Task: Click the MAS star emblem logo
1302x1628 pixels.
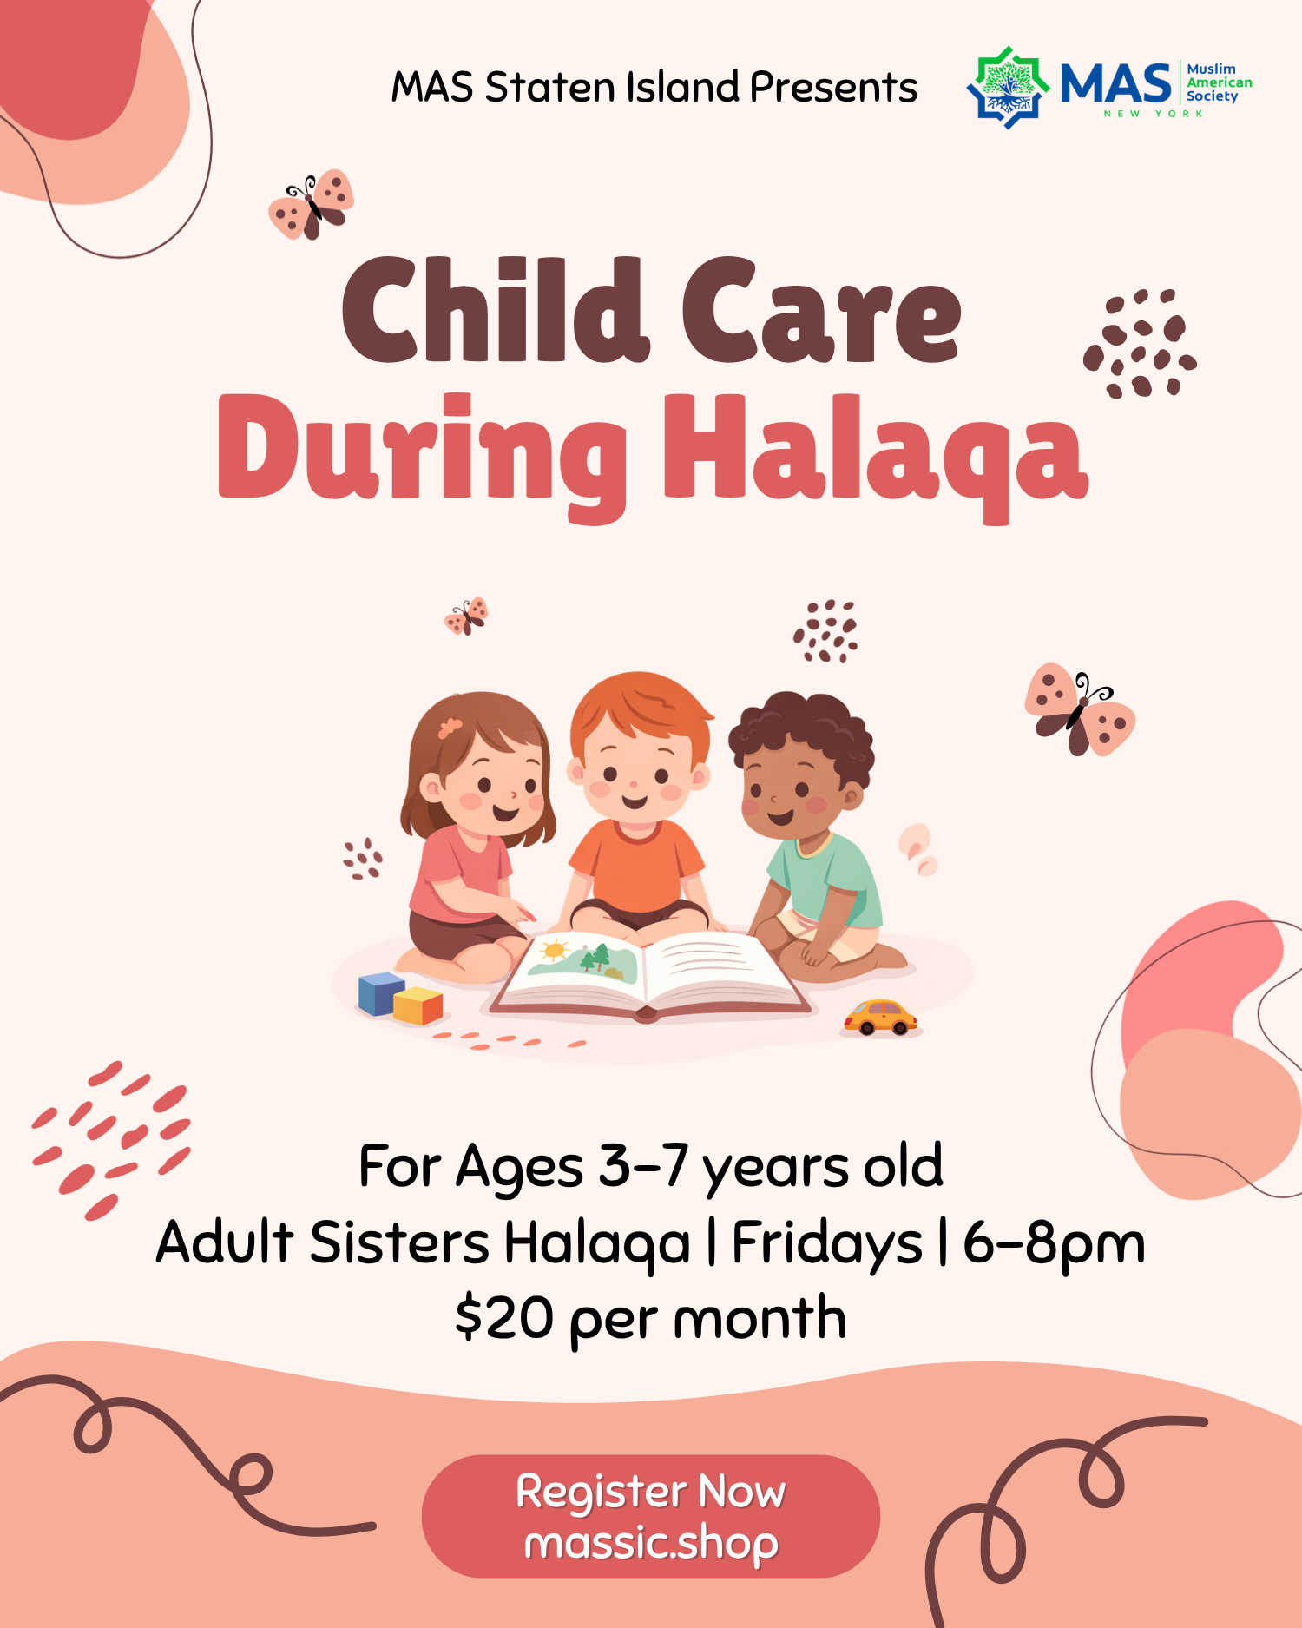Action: [x=1008, y=88]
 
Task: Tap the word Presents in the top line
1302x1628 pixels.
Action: [x=833, y=87]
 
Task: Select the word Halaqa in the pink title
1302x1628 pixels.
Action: [x=876, y=456]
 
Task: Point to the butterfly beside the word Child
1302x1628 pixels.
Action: [x=312, y=204]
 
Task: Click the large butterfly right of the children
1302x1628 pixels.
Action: [x=1080, y=709]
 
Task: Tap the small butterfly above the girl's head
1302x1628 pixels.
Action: [x=467, y=616]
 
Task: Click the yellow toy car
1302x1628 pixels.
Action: [x=880, y=1018]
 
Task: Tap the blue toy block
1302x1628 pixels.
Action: [x=381, y=993]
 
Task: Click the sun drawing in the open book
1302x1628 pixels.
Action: [x=554, y=950]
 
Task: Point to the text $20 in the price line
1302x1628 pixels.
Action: [x=504, y=1318]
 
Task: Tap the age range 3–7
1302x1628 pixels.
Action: [x=643, y=1165]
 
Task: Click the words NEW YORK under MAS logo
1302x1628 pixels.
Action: [x=1153, y=114]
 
